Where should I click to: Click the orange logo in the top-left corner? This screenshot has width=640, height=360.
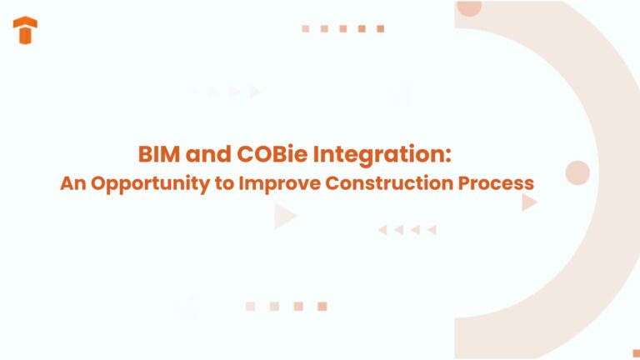25,30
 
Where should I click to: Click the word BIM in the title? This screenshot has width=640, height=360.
157,155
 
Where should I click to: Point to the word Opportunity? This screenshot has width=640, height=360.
148,182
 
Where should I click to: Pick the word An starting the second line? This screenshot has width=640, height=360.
72,182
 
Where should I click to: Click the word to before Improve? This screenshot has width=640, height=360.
225,182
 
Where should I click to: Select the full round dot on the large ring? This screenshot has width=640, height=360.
577,173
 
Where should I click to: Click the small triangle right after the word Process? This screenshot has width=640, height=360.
529,202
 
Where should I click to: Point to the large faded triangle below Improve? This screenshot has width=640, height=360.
285,217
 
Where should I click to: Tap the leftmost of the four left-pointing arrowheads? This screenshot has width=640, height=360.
382,230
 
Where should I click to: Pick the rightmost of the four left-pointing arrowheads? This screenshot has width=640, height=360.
432,230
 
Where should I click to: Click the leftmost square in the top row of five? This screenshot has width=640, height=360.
306,28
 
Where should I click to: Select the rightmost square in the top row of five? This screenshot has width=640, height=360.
380,28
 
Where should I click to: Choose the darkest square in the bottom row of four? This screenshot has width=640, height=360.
322,307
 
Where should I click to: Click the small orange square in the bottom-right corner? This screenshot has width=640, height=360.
636,353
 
